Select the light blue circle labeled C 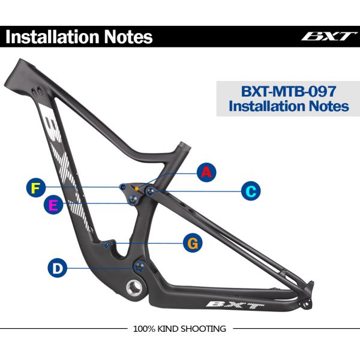251,191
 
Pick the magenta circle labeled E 54,206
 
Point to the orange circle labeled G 192,243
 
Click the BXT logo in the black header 329,36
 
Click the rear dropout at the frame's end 310,299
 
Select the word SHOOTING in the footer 205,329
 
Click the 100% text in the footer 144,329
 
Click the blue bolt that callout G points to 109,244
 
